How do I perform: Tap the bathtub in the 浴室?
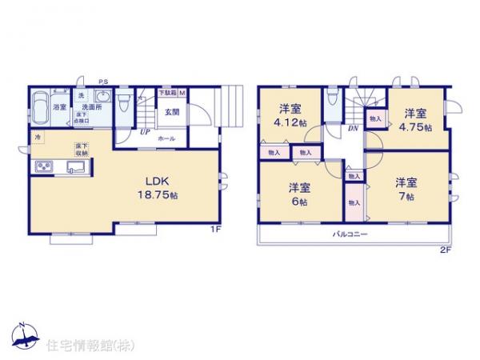[42, 107]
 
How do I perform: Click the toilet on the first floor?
[124, 104]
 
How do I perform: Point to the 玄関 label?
[171, 111]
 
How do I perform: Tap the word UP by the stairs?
[146, 132]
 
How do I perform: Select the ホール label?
[167, 138]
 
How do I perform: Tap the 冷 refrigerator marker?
[38, 138]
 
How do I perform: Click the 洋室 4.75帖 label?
[415, 119]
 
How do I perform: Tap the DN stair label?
[351, 129]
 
